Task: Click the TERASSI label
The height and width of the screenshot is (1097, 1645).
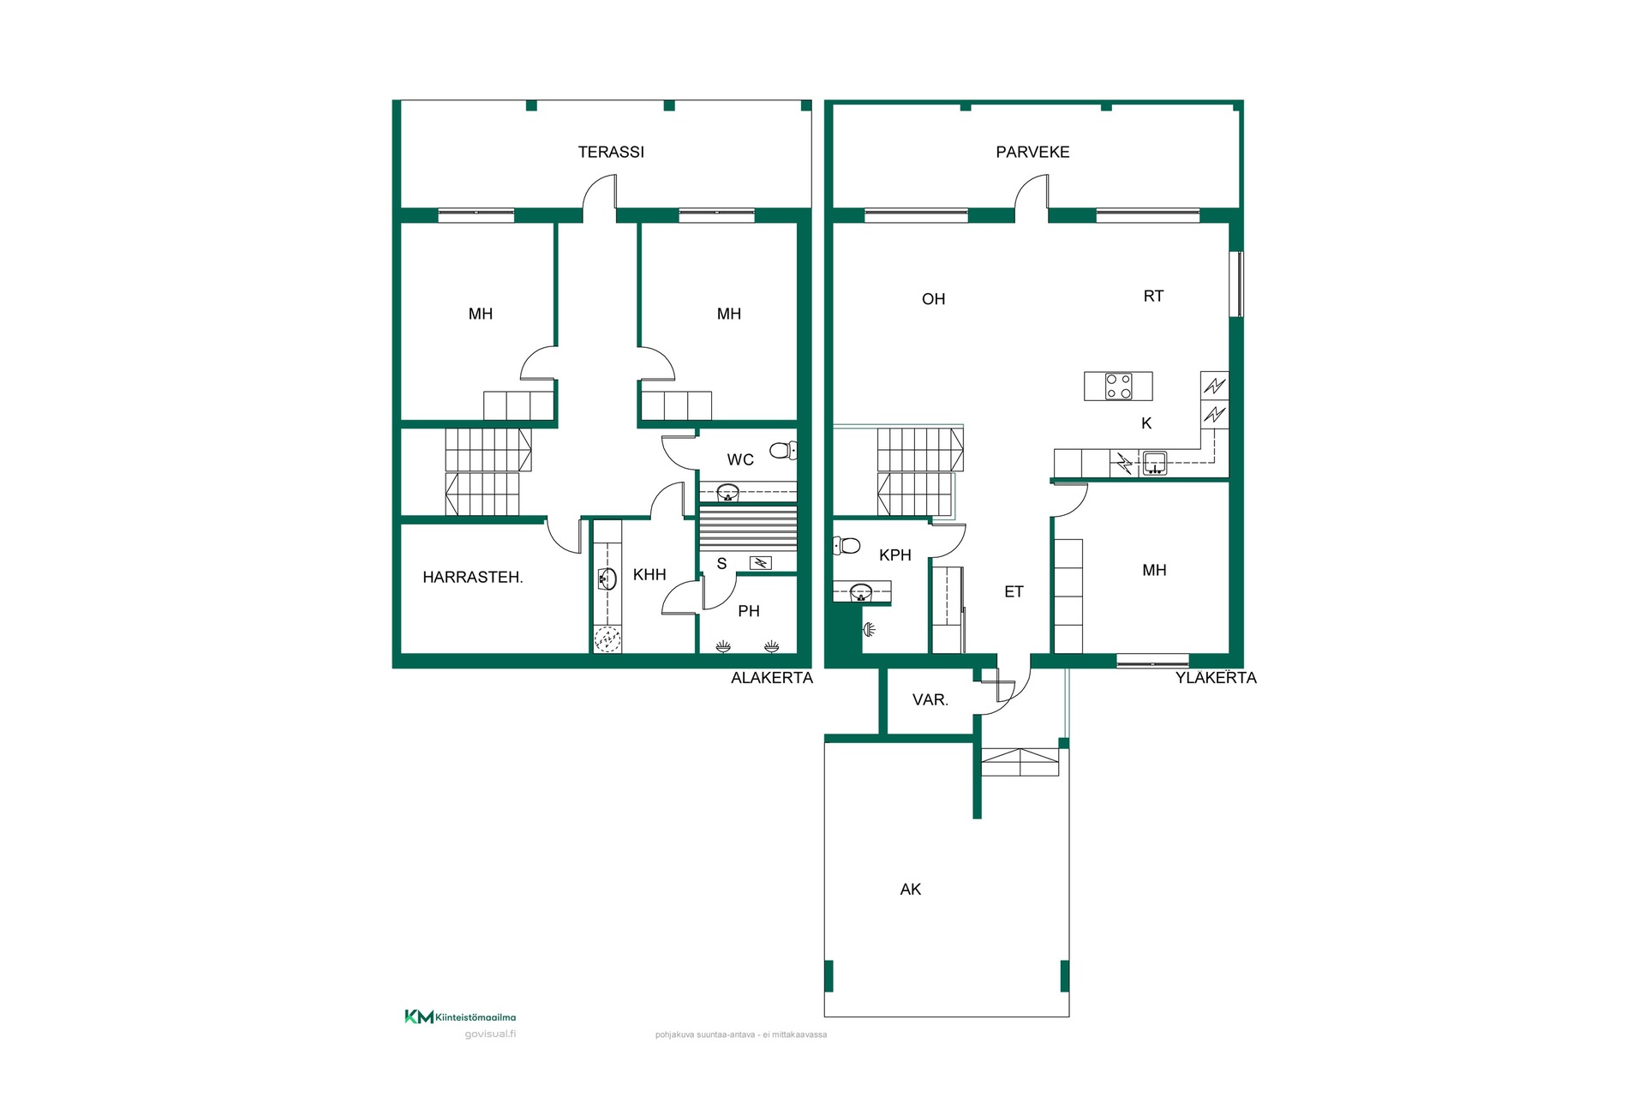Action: pyautogui.click(x=611, y=152)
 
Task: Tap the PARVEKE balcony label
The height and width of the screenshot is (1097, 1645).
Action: pyautogui.click(x=1032, y=152)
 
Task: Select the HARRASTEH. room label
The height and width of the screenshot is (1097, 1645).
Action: pyautogui.click(x=473, y=577)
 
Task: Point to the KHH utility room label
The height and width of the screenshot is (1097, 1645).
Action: pyautogui.click(x=649, y=574)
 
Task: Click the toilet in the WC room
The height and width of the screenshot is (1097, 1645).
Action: pyautogui.click(x=783, y=450)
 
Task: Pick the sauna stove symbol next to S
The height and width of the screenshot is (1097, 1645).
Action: pyautogui.click(x=760, y=563)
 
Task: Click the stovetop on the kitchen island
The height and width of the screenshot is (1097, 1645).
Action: pyautogui.click(x=1118, y=387)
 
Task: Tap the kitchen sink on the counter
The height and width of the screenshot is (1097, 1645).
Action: pyautogui.click(x=1154, y=463)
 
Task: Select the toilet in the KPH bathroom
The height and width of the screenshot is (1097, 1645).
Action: pyautogui.click(x=846, y=545)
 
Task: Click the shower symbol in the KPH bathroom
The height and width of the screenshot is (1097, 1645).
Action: pyautogui.click(x=869, y=630)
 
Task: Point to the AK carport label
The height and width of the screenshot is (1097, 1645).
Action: pyautogui.click(x=911, y=890)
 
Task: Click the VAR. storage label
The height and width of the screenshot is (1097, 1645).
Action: pyautogui.click(x=930, y=699)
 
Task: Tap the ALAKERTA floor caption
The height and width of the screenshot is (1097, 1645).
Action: pyautogui.click(x=772, y=678)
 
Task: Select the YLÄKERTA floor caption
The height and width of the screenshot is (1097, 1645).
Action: pyautogui.click(x=1216, y=677)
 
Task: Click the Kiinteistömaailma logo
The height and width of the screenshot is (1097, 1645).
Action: pyautogui.click(x=460, y=1017)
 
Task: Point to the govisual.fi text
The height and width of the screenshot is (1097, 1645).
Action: pyautogui.click(x=490, y=1034)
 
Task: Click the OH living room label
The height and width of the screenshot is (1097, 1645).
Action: pyautogui.click(x=934, y=299)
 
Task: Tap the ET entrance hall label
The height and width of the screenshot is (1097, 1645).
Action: pyautogui.click(x=1014, y=591)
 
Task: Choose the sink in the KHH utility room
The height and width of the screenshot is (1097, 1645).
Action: pyautogui.click(x=607, y=579)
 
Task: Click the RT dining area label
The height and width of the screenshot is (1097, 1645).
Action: pyautogui.click(x=1153, y=296)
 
